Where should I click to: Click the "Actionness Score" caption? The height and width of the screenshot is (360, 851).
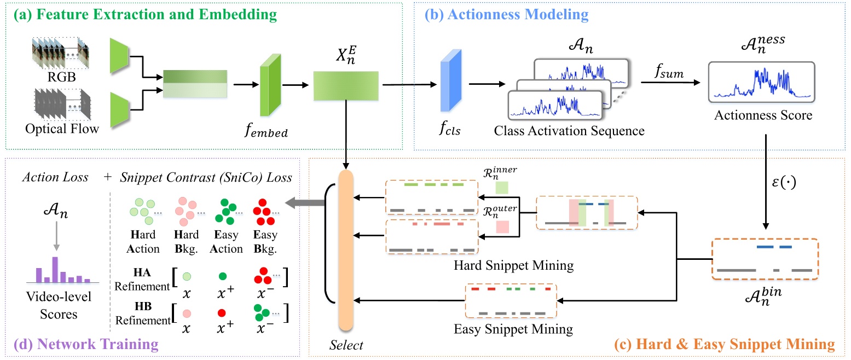click(x=762, y=117)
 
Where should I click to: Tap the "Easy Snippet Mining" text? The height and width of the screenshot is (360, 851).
click(x=513, y=329)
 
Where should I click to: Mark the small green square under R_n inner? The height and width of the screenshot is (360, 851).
click(x=501, y=188)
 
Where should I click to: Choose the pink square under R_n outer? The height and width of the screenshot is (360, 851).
click(x=501, y=226)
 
